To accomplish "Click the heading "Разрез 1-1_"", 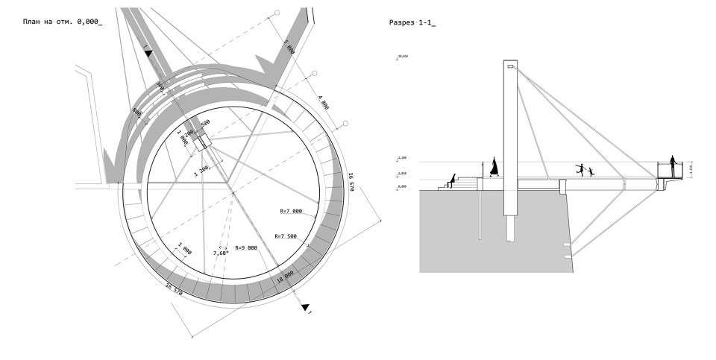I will [412, 23].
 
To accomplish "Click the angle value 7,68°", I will [222, 253].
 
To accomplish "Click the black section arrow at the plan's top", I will [148, 53].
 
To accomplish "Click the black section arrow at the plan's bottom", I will [304, 306].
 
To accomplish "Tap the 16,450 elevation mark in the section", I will [404, 57].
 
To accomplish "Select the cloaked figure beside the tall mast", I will [493, 167].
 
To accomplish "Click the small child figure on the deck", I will [591, 172].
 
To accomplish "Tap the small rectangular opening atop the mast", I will [510, 68].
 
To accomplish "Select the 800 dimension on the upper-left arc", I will [137, 112].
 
